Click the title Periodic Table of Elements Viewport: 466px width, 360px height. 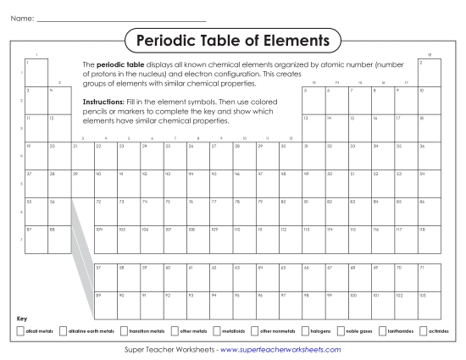pos(233,40)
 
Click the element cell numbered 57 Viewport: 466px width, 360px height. pos(104,276)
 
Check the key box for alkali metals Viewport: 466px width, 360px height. pos(20,330)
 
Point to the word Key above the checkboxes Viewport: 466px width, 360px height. pos(22,318)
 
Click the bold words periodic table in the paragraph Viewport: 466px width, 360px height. pos(120,64)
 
